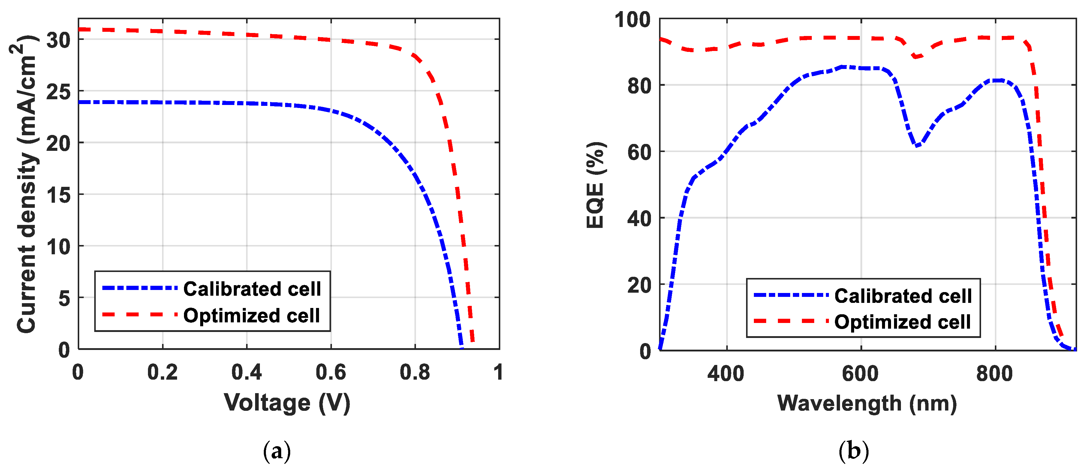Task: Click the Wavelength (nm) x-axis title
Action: click(x=867, y=404)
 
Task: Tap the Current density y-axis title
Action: click(x=26, y=185)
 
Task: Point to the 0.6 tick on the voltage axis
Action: click(x=331, y=372)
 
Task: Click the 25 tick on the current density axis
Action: click(x=59, y=91)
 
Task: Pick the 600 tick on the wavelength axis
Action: click(x=860, y=374)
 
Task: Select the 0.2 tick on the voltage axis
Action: click(x=162, y=372)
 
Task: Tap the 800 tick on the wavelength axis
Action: click(x=995, y=374)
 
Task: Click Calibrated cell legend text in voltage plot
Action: click(x=252, y=289)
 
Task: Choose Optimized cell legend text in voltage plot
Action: click(x=251, y=315)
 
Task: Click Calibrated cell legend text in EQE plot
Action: click(x=903, y=296)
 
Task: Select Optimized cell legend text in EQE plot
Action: click(x=903, y=322)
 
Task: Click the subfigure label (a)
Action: click(x=277, y=451)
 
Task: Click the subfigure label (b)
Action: click(x=853, y=451)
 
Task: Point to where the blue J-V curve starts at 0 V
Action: click(x=79, y=102)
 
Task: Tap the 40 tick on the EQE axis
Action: click(x=639, y=219)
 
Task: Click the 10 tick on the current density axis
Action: click(x=59, y=247)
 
